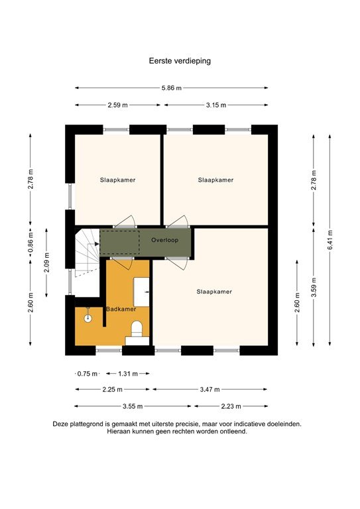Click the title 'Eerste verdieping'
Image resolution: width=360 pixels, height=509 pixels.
tap(180, 60)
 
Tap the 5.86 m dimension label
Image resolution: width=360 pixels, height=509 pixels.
tap(172, 87)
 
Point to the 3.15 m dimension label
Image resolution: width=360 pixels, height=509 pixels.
tap(215, 105)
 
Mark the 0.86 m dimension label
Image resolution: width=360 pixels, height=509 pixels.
tap(30, 243)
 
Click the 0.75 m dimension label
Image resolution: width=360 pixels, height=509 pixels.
tap(87, 373)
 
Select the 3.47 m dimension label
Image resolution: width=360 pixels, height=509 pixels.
tap(210, 390)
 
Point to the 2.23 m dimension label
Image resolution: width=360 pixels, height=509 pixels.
tap(230, 406)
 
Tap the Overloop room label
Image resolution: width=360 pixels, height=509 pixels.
tap(163, 239)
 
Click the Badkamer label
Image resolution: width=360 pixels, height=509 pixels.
tap(121, 309)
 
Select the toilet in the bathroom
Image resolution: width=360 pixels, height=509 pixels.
tap(137, 329)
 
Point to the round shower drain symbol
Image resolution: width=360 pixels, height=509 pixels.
tap(87, 317)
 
